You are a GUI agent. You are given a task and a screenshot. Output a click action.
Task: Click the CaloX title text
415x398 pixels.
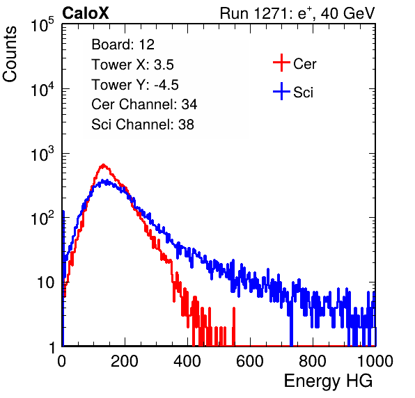pos(85,13)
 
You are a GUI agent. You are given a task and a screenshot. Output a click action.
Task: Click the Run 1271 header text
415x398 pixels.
pos(297,13)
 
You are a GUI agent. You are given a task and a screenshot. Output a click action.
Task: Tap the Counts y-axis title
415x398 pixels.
pos(10,54)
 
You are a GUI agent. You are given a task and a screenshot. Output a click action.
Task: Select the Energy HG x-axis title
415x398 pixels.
pos(328,381)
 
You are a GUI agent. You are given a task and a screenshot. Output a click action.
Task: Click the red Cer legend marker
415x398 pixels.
pos(281,63)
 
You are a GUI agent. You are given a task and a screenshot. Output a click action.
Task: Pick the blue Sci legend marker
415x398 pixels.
pos(281,92)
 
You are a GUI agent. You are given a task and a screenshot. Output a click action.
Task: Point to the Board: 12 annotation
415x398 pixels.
pos(123,45)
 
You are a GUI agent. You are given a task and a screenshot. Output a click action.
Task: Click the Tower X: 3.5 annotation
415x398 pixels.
pos(132,65)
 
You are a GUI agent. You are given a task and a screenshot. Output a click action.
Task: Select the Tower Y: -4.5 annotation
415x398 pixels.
pos(135,85)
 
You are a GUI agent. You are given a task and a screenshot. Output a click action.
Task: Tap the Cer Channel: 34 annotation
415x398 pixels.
pos(144,104)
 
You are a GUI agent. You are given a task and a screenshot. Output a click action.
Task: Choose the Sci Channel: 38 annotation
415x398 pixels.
pos(143,125)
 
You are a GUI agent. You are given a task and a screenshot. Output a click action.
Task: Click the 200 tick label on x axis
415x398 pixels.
pos(125,361)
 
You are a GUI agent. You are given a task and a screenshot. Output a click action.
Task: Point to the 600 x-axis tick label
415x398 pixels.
pos(250,361)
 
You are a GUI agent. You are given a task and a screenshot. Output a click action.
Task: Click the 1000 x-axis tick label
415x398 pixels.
pos(375,361)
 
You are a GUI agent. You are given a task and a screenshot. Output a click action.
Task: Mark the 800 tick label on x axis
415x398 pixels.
pos(313,361)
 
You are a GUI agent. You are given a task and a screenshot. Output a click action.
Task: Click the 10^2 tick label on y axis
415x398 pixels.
pos(42,218)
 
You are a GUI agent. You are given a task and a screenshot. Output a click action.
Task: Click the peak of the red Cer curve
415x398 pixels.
pos(103,165)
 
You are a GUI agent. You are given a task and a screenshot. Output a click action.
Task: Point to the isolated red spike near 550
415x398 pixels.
pos(234,326)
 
